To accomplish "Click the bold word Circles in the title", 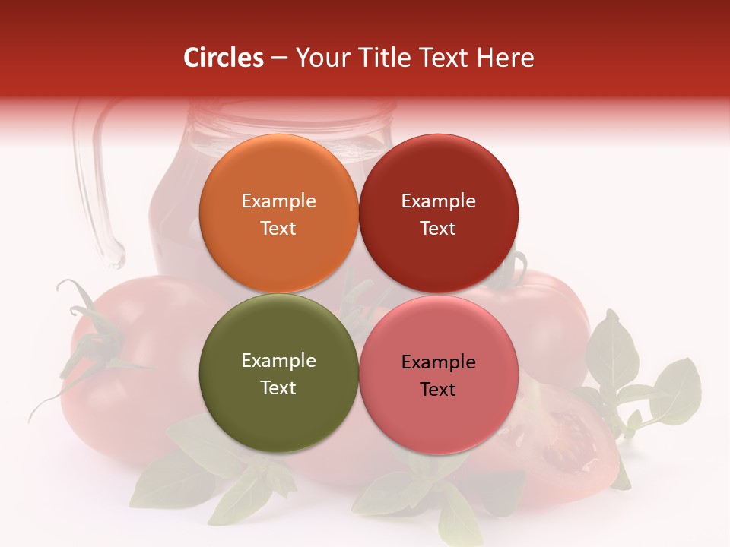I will tap(224, 58).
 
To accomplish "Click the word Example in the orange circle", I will tap(278, 201).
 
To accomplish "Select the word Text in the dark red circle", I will tap(438, 228).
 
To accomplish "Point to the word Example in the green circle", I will tap(278, 360).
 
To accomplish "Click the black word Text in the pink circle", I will tap(438, 389).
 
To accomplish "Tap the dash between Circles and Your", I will tap(279, 58).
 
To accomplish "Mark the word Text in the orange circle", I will tap(278, 228).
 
